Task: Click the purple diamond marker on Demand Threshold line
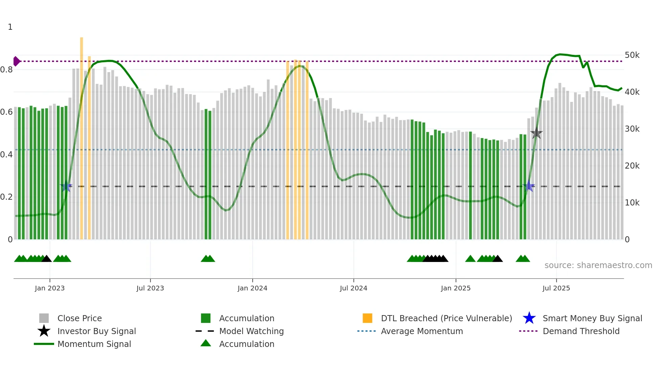coord(16,61)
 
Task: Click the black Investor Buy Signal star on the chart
coord(536,133)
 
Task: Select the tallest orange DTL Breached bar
coord(82,135)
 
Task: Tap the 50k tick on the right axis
coord(632,55)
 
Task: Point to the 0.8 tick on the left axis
coord(7,70)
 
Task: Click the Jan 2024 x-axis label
coord(252,288)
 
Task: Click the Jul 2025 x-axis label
coord(556,288)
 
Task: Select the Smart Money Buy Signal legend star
coord(529,318)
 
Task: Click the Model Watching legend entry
coord(251,331)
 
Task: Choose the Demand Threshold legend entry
coord(581,331)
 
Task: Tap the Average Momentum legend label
coord(421,331)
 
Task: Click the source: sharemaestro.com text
coord(598,265)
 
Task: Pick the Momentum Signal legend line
coord(44,344)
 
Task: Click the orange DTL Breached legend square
coord(367,318)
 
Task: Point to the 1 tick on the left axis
coord(10,27)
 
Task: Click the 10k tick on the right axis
coord(632,203)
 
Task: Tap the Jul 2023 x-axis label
coord(150,288)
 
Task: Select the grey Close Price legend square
coord(44,318)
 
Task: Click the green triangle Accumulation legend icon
coord(206,343)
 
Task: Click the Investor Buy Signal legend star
coord(44,331)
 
